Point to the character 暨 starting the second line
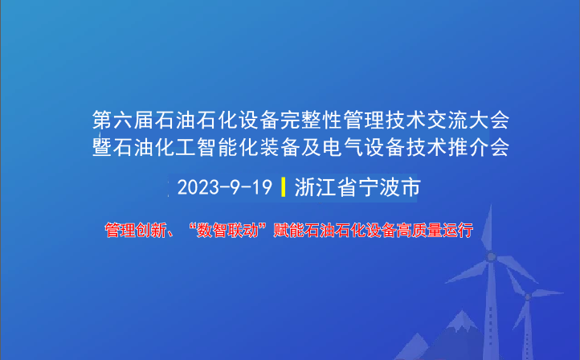coord(103,148)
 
